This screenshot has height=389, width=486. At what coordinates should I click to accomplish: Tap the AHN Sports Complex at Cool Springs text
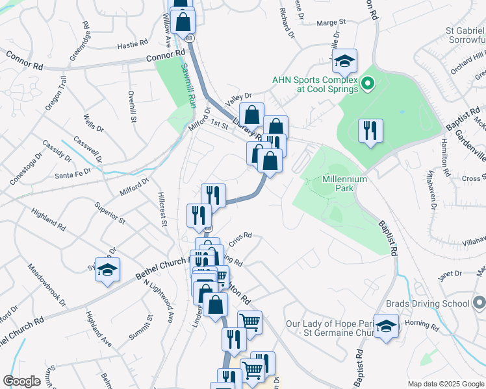pos(314,84)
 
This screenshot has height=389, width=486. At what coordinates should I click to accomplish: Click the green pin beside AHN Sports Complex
pos(367,83)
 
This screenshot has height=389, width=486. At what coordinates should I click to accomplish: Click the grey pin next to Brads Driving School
pos(479,303)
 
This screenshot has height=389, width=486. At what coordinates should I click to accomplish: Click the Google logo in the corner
pos(21,381)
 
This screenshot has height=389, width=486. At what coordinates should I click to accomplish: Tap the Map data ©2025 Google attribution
pos(446,384)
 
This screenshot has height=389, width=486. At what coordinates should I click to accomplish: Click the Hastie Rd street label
pos(134,46)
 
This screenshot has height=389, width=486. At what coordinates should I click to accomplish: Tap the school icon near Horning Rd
pos(386,327)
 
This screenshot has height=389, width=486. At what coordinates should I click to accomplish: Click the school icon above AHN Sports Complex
pos(344,62)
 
